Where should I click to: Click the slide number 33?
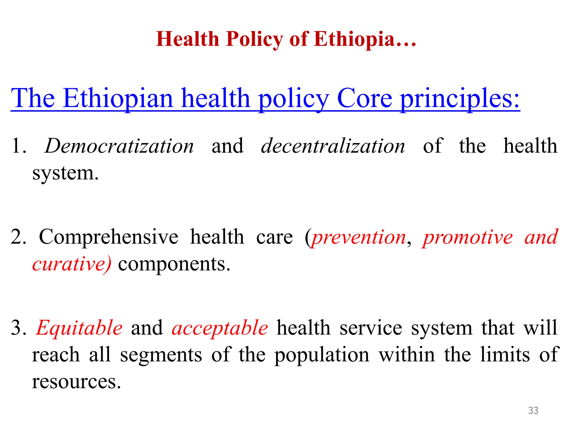pyautogui.click(x=533, y=410)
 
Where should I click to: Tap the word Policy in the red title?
pyautogui.click(x=254, y=39)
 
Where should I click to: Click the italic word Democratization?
pyautogui.click(x=119, y=146)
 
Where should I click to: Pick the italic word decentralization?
pyautogui.click(x=333, y=146)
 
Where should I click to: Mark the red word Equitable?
pyautogui.click(x=79, y=328)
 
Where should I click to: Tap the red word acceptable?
pyautogui.click(x=220, y=328)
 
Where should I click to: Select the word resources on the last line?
pyautogui.click(x=76, y=382)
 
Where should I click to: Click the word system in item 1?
pyautogui.click(x=65, y=173)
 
